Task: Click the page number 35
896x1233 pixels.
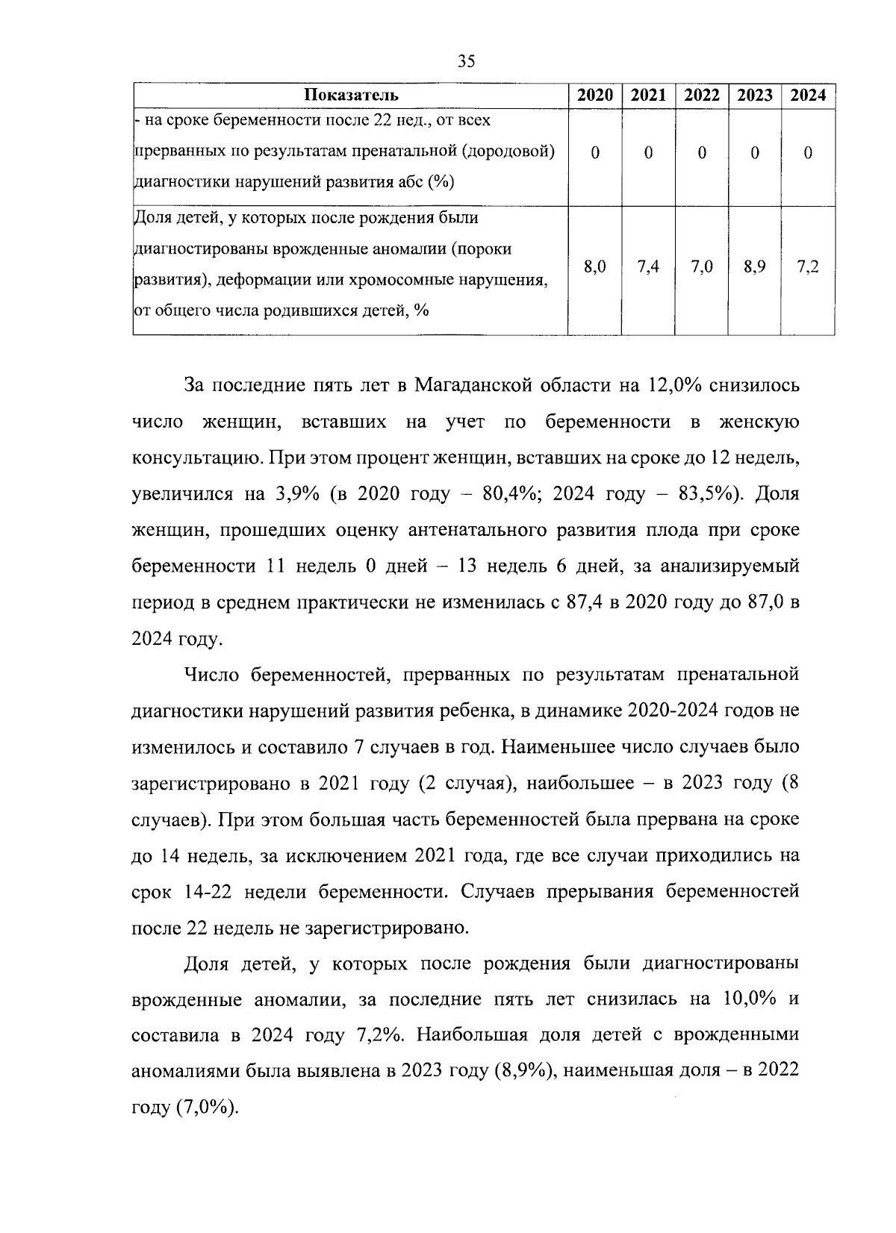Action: (466, 61)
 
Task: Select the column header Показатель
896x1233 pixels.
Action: (351, 96)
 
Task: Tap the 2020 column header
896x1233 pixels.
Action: (595, 96)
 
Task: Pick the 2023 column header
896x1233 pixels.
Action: (755, 96)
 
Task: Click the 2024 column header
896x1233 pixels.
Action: (808, 96)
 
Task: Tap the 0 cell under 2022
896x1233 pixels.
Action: (702, 152)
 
